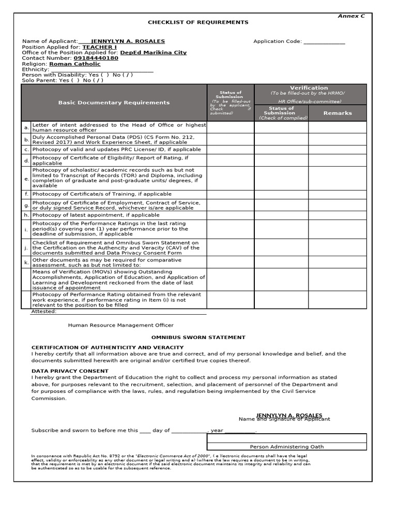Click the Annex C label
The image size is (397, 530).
pyautogui.click(x=351, y=16)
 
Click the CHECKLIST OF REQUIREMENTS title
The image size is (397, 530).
pyautogui.click(x=198, y=22)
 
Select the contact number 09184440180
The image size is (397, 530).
pyautogui.click(x=96, y=58)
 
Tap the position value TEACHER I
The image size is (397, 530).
pyautogui.click(x=100, y=47)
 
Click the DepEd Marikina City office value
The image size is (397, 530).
pyautogui.click(x=153, y=53)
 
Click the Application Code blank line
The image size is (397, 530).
pyautogui.click(x=324, y=42)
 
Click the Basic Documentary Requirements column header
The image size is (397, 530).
pyautogui.click(x=114, y=102)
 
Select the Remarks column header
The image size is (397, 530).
pyautogui.click(x=337, y=113)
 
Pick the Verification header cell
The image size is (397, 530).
pyautogui.click(x=309, y=88)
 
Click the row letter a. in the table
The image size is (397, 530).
pyautogui.click(x=26, y=127)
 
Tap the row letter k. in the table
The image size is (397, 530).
pyautogui.click(x=26, y=262)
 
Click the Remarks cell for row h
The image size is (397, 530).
pyautogui.click(x=337, y=215)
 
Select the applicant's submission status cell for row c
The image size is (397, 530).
pyautogui.click(x=230, y=150)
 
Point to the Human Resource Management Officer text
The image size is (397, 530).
pyautogui.click(x=120, y=325)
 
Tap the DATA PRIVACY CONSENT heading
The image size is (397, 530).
pyautogui.click(x=70, y=371)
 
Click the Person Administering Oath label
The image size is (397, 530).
pyautogui.click(x=287, y=447)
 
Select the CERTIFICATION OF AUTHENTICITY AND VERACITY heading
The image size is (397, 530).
pyautogui.click(x=97, y=347)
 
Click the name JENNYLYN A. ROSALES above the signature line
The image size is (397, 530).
pyautogui.click(x=289, y=416)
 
